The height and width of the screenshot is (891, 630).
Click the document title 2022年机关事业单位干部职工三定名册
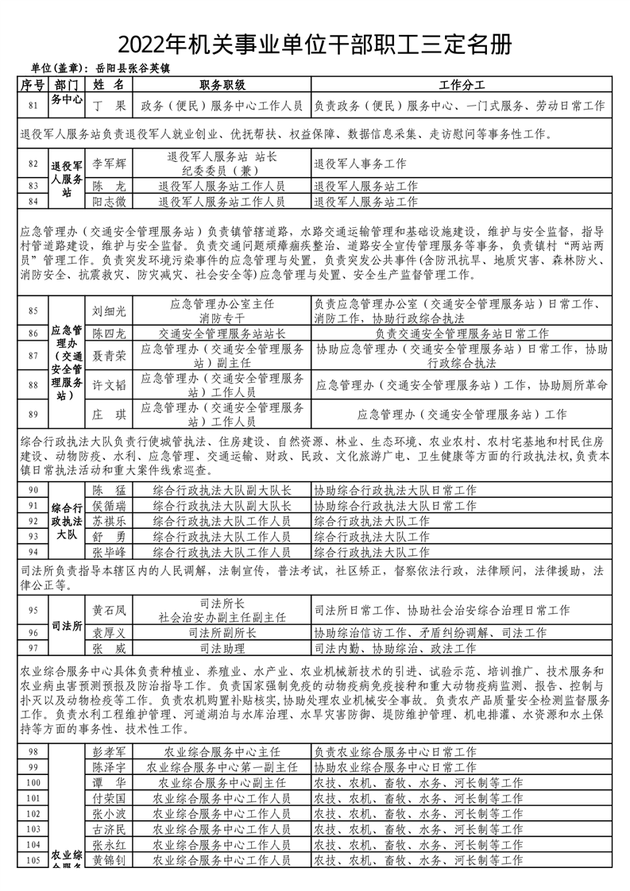click(x=315, y=44)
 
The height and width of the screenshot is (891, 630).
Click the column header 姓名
click(x=109, y=85)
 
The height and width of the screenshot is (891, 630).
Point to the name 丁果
click(x=109, y=105)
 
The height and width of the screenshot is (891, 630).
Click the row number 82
click(x=33, y=164)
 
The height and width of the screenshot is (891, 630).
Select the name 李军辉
click(x=109, y=164)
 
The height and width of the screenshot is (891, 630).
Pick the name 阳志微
click(x=109, y=202)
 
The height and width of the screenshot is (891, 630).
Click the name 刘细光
click(x=109, y=310)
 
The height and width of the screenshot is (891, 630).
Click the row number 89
click(x=33, y=414)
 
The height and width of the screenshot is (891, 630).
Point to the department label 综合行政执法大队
click(x=67, y=521)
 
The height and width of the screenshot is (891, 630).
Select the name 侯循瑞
click(x=109, y=505)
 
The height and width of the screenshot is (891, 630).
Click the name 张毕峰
click(x=109, y=551)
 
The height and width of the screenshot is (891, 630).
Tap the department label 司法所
click(x=67, y=626)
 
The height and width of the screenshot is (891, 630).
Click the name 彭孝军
click(x=109, y=752)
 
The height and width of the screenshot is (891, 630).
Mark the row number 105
click(x=33, y=860)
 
